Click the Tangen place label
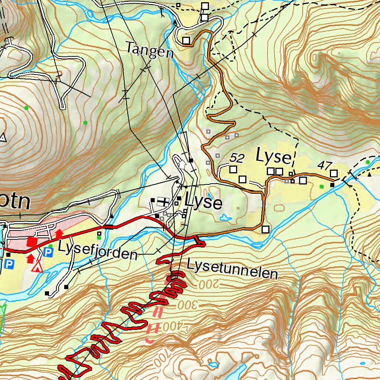pos(150,50)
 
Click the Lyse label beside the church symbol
pos(203,203)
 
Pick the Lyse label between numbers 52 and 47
pos(274,157)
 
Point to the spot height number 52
pos(236,158)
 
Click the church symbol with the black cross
pos(163,201)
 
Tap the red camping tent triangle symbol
pos(36,266)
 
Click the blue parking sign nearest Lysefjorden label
pos(47,252)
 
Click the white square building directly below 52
pos(233,170)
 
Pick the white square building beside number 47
pos(334,173)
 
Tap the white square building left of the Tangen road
pos(186,40)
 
